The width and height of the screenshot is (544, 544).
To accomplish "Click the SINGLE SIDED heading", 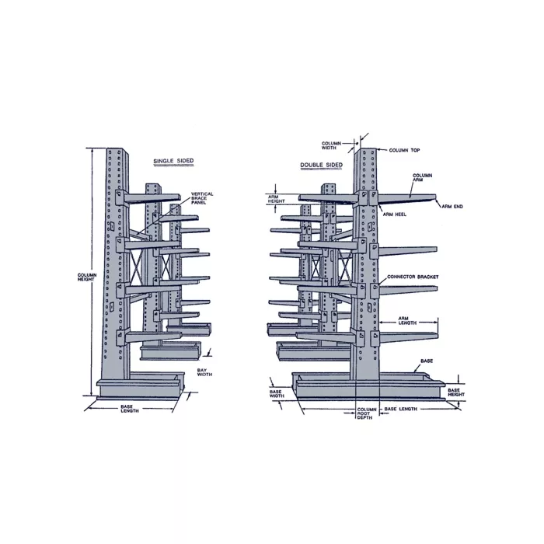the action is pos(173,161).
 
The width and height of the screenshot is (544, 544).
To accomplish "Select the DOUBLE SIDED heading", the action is pos(321,165).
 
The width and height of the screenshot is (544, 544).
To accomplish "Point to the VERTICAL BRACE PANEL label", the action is pos(202,198).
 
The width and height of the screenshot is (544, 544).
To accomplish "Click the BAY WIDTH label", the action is pos(204,372).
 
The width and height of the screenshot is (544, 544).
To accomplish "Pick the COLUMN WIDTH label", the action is pos(331,145).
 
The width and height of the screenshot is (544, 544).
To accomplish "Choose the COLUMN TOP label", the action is pos(404,150).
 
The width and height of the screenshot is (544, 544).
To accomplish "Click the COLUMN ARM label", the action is pos(422,178).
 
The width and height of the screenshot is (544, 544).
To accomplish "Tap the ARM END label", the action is pos(452,207).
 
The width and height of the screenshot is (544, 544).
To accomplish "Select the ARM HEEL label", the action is pos(395,214).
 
